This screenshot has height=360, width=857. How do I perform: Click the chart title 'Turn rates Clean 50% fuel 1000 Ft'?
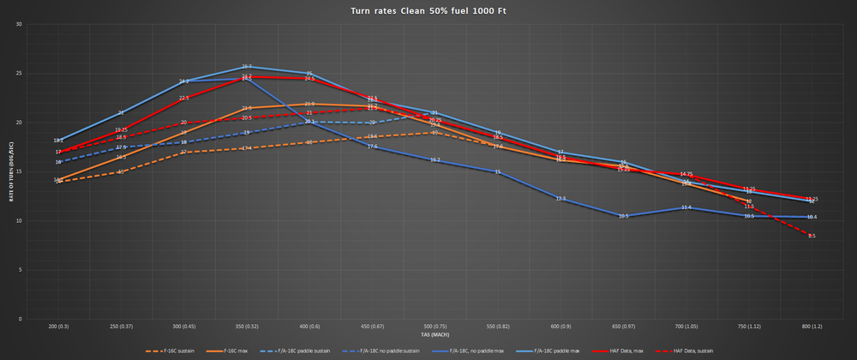pyautogui.click(x=428, y=11)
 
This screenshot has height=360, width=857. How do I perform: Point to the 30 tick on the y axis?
pyautogui.click(x=19, y=24)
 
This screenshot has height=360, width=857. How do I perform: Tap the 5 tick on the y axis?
pyautogui.click(x=20, y=270)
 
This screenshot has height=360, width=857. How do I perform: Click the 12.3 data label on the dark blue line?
pyautogui.click(x=560, y=199)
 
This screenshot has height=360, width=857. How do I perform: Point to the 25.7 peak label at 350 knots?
pyautogui.click(x=246, y=67)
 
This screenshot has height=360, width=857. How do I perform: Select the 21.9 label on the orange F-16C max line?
pyautogui.click(x=309, y=105)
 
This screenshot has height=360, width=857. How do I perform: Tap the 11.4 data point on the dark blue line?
pyautogui.click(x=686, y=207)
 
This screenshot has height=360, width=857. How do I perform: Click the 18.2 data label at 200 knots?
pyautogui.click(x=58, y=141)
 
